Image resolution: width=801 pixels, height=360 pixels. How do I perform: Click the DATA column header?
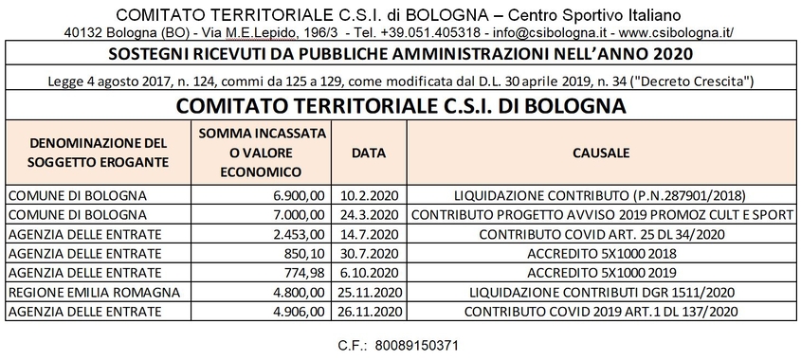[x=368, y=152]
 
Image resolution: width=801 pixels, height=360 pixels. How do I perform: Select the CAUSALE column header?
[x=601, y=152]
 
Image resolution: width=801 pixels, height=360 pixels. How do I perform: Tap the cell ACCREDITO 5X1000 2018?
[x=601, y=253]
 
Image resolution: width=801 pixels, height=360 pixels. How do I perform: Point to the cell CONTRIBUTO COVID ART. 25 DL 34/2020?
[x=601, y=233]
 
